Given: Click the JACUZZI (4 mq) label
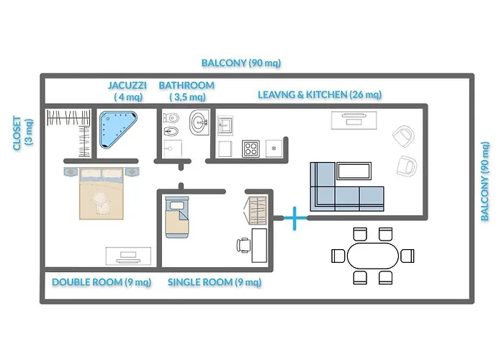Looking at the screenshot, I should pyautogui.click(x=128, y=91).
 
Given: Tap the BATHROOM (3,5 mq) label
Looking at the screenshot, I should pyautogui.click(x=186, y=91).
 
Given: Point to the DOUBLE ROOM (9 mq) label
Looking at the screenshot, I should pyautogui.click(x=102, y=282).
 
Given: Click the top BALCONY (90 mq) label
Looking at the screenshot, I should pyautogui.click(x=241, y=63).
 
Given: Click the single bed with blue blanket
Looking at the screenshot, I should pyautogui.click(x=176, y=216).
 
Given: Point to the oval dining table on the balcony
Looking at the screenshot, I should pyautogui.click(x=373, y=255).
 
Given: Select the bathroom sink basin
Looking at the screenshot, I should pyautogui.click(x=198, y=124).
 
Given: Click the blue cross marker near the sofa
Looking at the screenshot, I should pyautogui.click(x=294, y=217).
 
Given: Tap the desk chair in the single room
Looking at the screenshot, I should pyautogui.click(x=243, y=245).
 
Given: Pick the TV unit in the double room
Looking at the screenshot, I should pyautogui.click(x=127, y=255).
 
